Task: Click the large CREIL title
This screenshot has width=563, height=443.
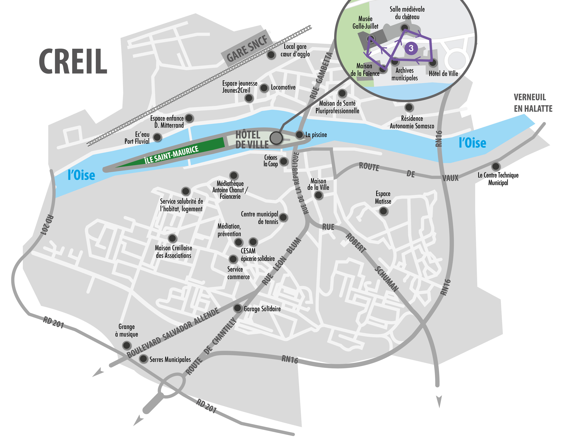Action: coord(73,61)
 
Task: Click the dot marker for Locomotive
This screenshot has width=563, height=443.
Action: coord(264,88)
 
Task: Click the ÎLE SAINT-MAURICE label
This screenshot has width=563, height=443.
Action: coord(171,155)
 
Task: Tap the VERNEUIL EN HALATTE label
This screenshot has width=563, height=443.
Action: coord(533,103)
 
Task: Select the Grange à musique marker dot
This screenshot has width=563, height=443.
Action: coord(127,345)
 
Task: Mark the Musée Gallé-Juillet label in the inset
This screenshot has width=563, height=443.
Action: coord(365,23)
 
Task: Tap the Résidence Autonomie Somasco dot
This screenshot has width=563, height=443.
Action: coord(409,107)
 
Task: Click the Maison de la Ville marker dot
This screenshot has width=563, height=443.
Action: coord(318,195)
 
